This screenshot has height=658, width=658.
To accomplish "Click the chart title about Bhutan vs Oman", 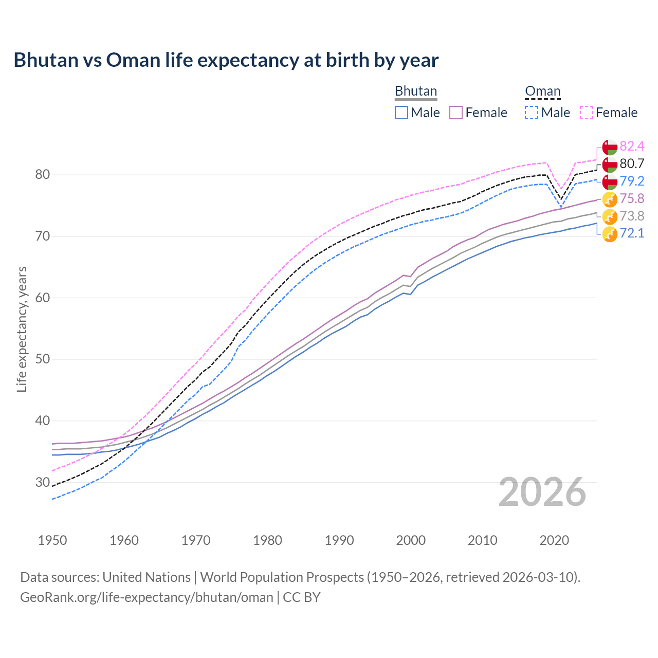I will point(226,60).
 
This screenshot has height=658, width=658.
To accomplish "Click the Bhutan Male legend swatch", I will point(401,113).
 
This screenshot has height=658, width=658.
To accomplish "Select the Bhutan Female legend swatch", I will point(456,113).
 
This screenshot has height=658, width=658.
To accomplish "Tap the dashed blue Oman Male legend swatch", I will point(532,113).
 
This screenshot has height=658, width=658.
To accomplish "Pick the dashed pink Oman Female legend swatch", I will point(587,113).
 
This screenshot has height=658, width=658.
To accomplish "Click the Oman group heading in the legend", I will point(542,92).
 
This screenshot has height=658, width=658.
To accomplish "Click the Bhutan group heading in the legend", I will point(415,92).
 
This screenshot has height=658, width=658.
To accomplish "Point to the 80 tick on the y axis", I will point(42,175).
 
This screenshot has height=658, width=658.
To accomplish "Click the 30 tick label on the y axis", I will point(42,482).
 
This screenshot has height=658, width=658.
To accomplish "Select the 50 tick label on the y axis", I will point(42,359).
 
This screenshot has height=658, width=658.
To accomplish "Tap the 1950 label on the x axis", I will point(52,540).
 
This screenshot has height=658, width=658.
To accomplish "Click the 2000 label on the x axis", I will point(411,540).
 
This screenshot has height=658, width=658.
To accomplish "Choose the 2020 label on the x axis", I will point(554,540).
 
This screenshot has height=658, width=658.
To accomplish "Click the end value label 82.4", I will point(632,147).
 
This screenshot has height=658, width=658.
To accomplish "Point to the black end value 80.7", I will point(632,164).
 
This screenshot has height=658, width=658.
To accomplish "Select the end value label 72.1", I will point(632,233).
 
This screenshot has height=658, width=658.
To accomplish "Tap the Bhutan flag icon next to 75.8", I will point(610,199).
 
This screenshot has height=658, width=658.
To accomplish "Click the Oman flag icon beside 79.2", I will point(610,181).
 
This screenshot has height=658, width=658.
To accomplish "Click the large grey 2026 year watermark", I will point(542,492).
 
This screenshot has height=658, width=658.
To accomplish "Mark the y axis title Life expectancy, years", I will point(22,329).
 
